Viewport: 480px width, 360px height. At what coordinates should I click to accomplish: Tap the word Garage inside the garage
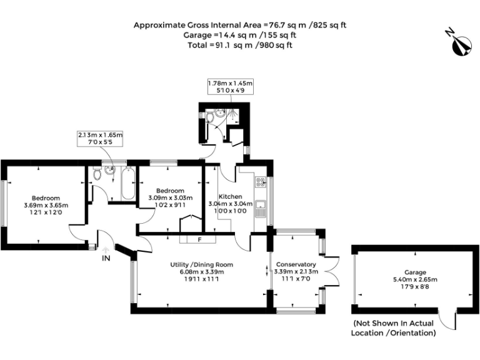click(415, 272)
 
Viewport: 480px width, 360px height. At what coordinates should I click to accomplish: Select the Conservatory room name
click(296, 264)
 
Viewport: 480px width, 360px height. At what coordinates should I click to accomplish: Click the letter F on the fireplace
click(198, 239)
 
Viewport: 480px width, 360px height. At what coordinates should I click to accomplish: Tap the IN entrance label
click(107, 257)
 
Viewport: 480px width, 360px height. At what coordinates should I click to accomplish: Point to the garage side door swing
click(447, 320)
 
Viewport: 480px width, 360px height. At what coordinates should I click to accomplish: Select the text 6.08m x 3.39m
click(197, 271)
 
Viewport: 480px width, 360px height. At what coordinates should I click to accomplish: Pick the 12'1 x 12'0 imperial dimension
click(46, 212)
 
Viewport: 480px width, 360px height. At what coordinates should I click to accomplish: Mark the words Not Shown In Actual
click(394, 324)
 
